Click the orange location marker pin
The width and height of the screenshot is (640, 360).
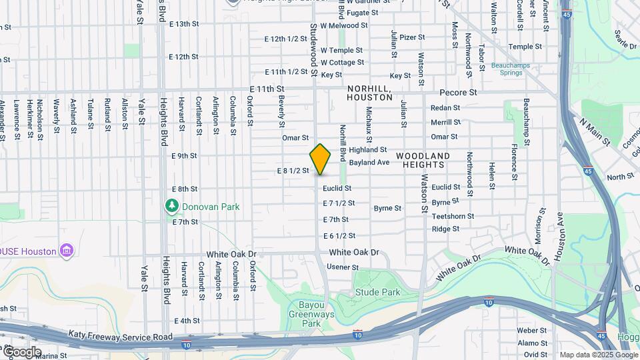(x=321, y=159)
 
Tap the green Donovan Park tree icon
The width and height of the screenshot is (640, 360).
(x=172, y=206)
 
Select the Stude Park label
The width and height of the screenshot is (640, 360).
(x=378, y=292)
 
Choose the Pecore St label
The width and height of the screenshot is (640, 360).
(x=459, y=93)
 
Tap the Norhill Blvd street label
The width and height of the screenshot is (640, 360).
(x=343, y=143)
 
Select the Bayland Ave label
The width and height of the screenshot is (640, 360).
(x=369, y=162)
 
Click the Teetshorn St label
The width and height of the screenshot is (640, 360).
(x=453, y=216)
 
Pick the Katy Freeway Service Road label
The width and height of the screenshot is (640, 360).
(x=120, y=336)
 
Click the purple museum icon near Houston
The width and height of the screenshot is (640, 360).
(x=66, y=251)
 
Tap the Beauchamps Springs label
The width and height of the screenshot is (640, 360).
(x=509, y=69)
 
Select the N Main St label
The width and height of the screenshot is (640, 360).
(x=595, y=132)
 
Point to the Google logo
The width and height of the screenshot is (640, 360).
(x=21, y=352)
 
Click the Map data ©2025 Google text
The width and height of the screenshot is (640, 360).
(x=598, y=355)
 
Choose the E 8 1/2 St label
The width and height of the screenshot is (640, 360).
(x=293, y=171)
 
